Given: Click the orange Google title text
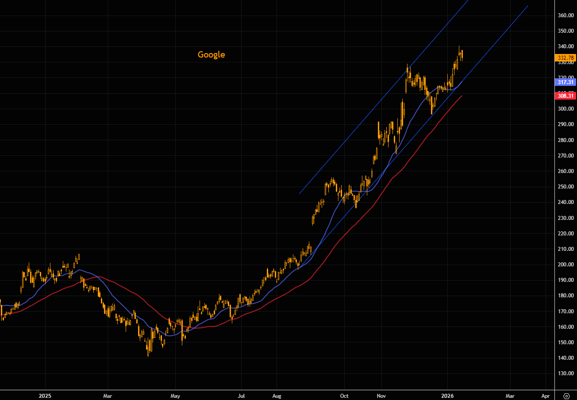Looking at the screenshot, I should coord(211,55).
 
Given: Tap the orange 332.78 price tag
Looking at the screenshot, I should coord(565,58).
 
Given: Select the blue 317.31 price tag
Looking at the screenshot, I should coord(565,82).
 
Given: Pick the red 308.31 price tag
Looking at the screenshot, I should coord(565,96).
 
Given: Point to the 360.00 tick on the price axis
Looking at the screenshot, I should coord(566,15).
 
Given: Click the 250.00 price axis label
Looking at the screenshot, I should coord(566,187).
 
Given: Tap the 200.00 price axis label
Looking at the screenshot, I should coord(566,265).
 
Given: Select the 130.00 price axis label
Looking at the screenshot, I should coord(566,373).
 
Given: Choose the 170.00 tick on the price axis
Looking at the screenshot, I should coord(566,312).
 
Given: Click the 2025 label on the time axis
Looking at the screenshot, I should coord(45,396).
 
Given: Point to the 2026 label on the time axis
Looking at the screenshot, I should coord(448,396).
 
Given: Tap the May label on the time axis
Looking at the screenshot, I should coord(176,396).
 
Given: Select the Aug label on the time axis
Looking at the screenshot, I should coord(277,396).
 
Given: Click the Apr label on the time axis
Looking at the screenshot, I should coord(546,396).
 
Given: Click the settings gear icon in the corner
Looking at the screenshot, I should coord(566,396).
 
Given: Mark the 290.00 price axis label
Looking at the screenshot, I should coord(566,124).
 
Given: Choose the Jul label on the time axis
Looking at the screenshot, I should coord(242,396).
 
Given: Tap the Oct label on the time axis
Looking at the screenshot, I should coord(344,396).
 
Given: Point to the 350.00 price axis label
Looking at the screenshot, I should coord(566,31).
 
